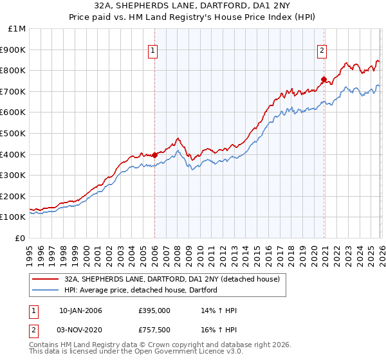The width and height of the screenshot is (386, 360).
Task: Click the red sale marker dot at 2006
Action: (155, 154)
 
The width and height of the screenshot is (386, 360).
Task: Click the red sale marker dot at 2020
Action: (324, 80)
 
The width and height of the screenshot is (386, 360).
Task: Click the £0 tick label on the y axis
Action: (21, 238)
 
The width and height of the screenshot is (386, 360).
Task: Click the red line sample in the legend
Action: (46, 279)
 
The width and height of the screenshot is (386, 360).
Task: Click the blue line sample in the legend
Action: (46, 290)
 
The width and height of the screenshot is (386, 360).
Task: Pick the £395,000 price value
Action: (153, 310)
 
